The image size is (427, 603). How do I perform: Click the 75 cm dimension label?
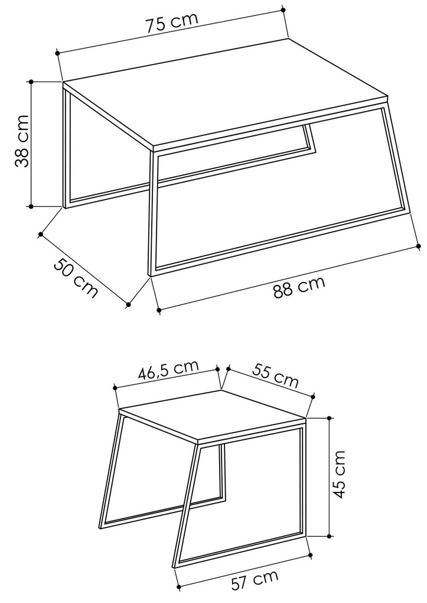[172, 23]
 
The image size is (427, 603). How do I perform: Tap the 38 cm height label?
[22, 141]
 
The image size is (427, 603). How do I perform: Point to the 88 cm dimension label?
[299, 287]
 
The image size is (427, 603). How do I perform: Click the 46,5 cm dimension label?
[168, 370]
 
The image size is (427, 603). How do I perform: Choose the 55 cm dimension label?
[275, 375]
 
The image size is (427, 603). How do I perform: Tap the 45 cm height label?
[338, 474]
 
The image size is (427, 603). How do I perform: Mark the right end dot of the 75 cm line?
[283, 9]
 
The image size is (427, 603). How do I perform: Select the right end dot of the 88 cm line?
[419, 245]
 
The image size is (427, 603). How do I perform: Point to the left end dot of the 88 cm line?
[159, 309]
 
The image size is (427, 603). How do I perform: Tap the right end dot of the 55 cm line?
[313, 397]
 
